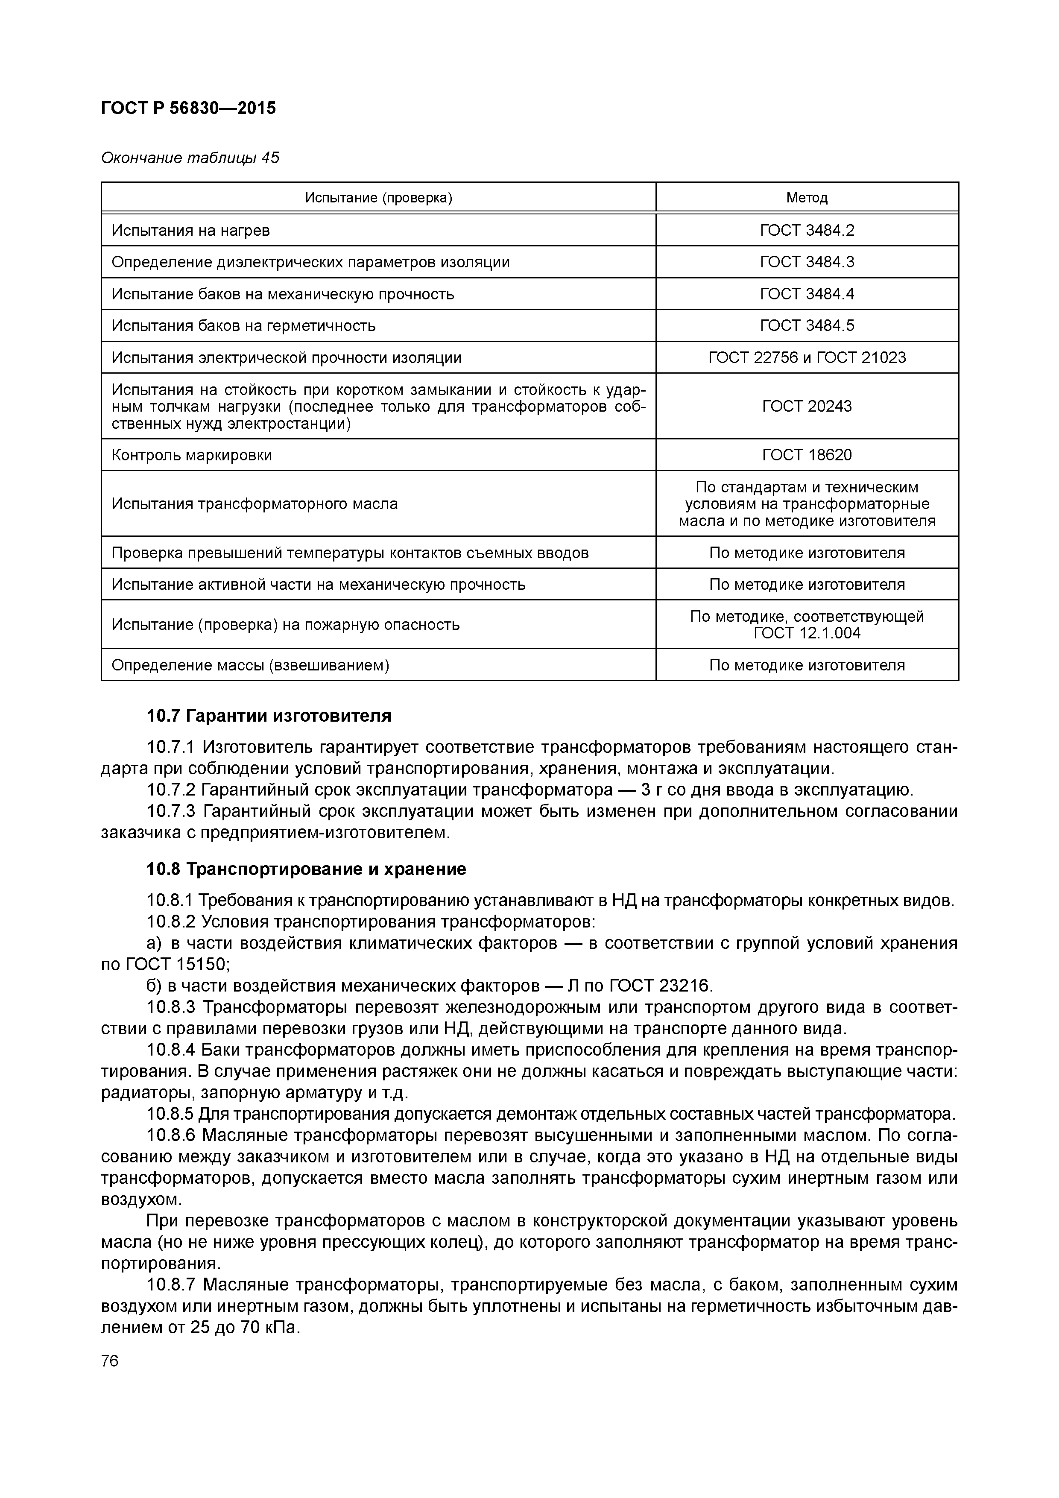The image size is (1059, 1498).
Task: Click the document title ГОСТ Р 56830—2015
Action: coord(189,108)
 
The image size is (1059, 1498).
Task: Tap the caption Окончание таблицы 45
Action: coord(190,158)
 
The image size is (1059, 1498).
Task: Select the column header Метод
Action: coord(807,198)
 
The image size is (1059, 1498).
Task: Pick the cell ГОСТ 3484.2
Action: coord(807,230)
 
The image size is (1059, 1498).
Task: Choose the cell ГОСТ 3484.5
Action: coord(807,325)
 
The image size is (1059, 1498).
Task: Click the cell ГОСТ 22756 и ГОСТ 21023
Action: coord(807,357)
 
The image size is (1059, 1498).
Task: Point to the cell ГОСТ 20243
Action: coord(807,407)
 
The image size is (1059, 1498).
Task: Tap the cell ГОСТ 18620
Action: coord(807,455)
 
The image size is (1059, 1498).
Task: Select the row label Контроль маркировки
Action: coord(192,455)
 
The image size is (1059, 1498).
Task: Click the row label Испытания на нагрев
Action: coord(190,230)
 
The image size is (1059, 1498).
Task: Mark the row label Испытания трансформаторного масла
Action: coord(255,504)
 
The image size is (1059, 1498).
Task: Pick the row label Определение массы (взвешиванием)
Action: coord(251,665)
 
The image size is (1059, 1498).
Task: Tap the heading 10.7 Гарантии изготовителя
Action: coord(269,717)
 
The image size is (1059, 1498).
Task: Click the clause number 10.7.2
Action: coord(171,790)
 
